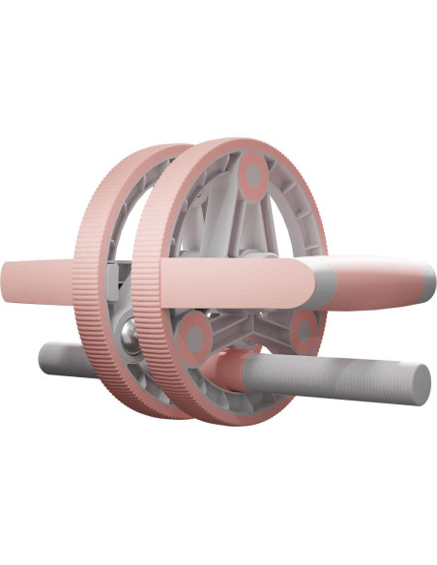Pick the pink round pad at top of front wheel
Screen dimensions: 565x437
click(x=253, y=177)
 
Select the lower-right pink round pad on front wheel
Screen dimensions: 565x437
click(x=305, y=330)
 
